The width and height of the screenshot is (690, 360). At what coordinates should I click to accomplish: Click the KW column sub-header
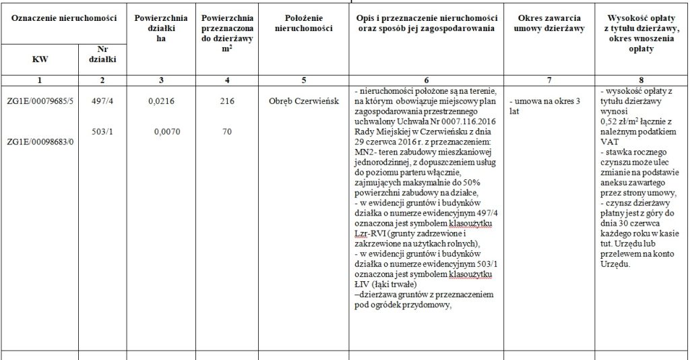[x=40, y=59]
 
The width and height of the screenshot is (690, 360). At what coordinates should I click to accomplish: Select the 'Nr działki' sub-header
[x=102, y=54]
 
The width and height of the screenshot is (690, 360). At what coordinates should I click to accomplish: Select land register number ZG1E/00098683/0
[x=39, y=142]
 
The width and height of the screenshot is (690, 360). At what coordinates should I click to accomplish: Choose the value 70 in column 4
[x=226, y=133]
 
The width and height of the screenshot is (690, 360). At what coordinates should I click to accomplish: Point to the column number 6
[x=425, y=80]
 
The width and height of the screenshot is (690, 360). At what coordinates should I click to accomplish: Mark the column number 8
[x=641, y=80]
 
